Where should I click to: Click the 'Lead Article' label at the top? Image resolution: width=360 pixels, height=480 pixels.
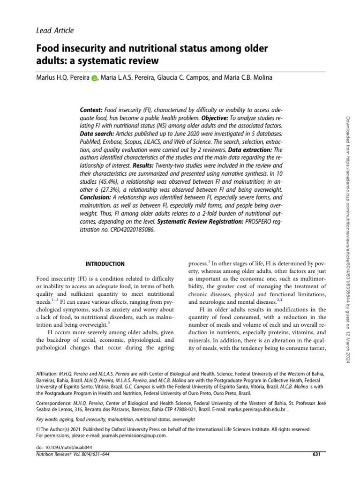pyautogui.click(x=55, y=30)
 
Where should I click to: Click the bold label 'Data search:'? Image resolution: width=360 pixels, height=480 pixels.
pyautogui.click(x=98, y=134)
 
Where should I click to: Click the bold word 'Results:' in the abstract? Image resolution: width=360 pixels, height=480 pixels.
pyautogui.click(x=145, y=166)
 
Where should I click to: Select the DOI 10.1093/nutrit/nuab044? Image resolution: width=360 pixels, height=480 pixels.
pyautogui.click(x=65, y=448)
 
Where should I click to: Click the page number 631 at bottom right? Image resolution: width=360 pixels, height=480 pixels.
pyautogui.click(x=316, y=454)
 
